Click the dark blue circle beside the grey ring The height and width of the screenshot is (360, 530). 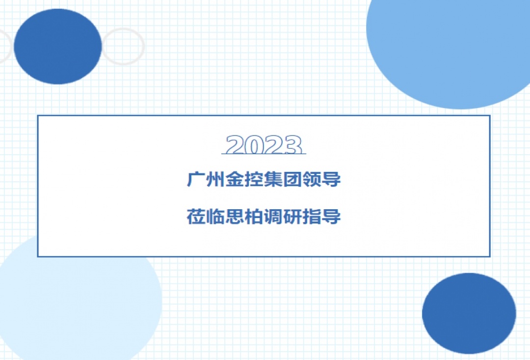[58, 46]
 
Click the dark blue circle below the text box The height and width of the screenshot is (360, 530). [469, 313]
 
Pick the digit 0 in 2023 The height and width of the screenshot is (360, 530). [254, 145]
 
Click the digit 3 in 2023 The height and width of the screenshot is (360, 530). [292, 145]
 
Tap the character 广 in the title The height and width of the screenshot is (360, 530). [196, 179]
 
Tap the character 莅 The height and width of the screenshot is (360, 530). [196, 217]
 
